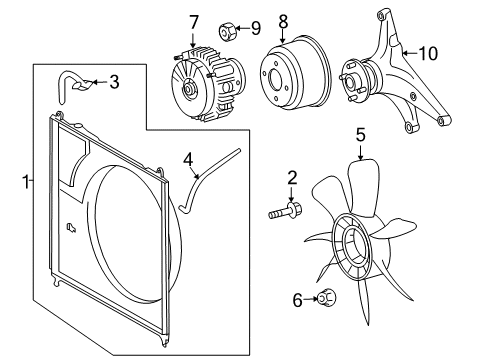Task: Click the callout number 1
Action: [25, 182]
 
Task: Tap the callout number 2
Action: [292, 179]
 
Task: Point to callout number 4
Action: [187, 157]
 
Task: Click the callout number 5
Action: [361, 132]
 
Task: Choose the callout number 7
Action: [195, 21]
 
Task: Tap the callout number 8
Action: [283, 21]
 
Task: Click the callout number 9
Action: [255, 27]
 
